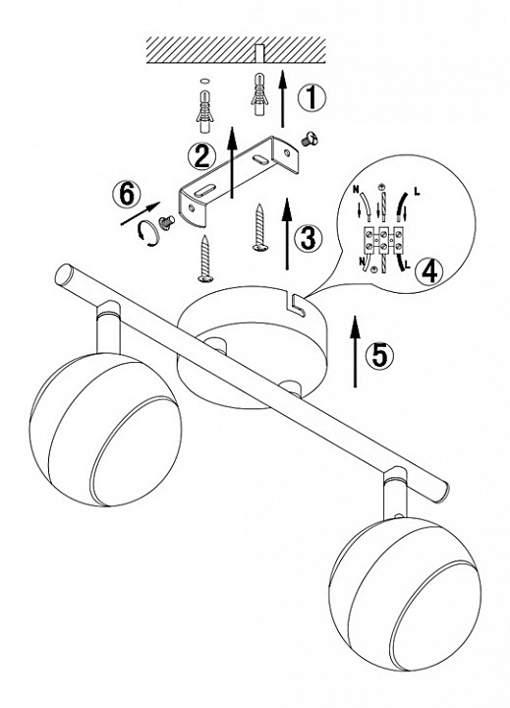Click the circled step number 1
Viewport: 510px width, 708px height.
click(x=311, y=97)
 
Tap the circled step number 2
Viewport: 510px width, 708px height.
click(x=200, y=155)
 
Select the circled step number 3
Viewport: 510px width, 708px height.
click(x=308, y=238)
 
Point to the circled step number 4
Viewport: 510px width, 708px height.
click(x=428, y=271)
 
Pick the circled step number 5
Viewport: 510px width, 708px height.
click(x=379, y=354)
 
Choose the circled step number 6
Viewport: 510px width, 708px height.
click(x=126, y=195)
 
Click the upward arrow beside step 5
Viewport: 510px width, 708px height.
click(x=355, y=351)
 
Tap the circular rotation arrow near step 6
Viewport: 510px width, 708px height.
click(x=149, y=233)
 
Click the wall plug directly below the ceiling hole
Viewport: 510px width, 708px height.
click(x=258, y=94)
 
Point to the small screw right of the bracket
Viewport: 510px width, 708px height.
click(x=310, y=139)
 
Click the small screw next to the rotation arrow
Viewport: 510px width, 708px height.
click(x=166, y=222)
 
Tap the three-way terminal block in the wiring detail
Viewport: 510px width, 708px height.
click(x=382, y=240)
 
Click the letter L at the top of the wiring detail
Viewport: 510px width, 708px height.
click(x=416, y=193)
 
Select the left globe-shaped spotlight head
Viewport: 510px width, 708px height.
click(x=105, y=428)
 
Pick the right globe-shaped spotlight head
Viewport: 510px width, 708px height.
click(x=405, y=595)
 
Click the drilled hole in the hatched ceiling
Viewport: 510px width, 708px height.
click(x=259, y=53)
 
